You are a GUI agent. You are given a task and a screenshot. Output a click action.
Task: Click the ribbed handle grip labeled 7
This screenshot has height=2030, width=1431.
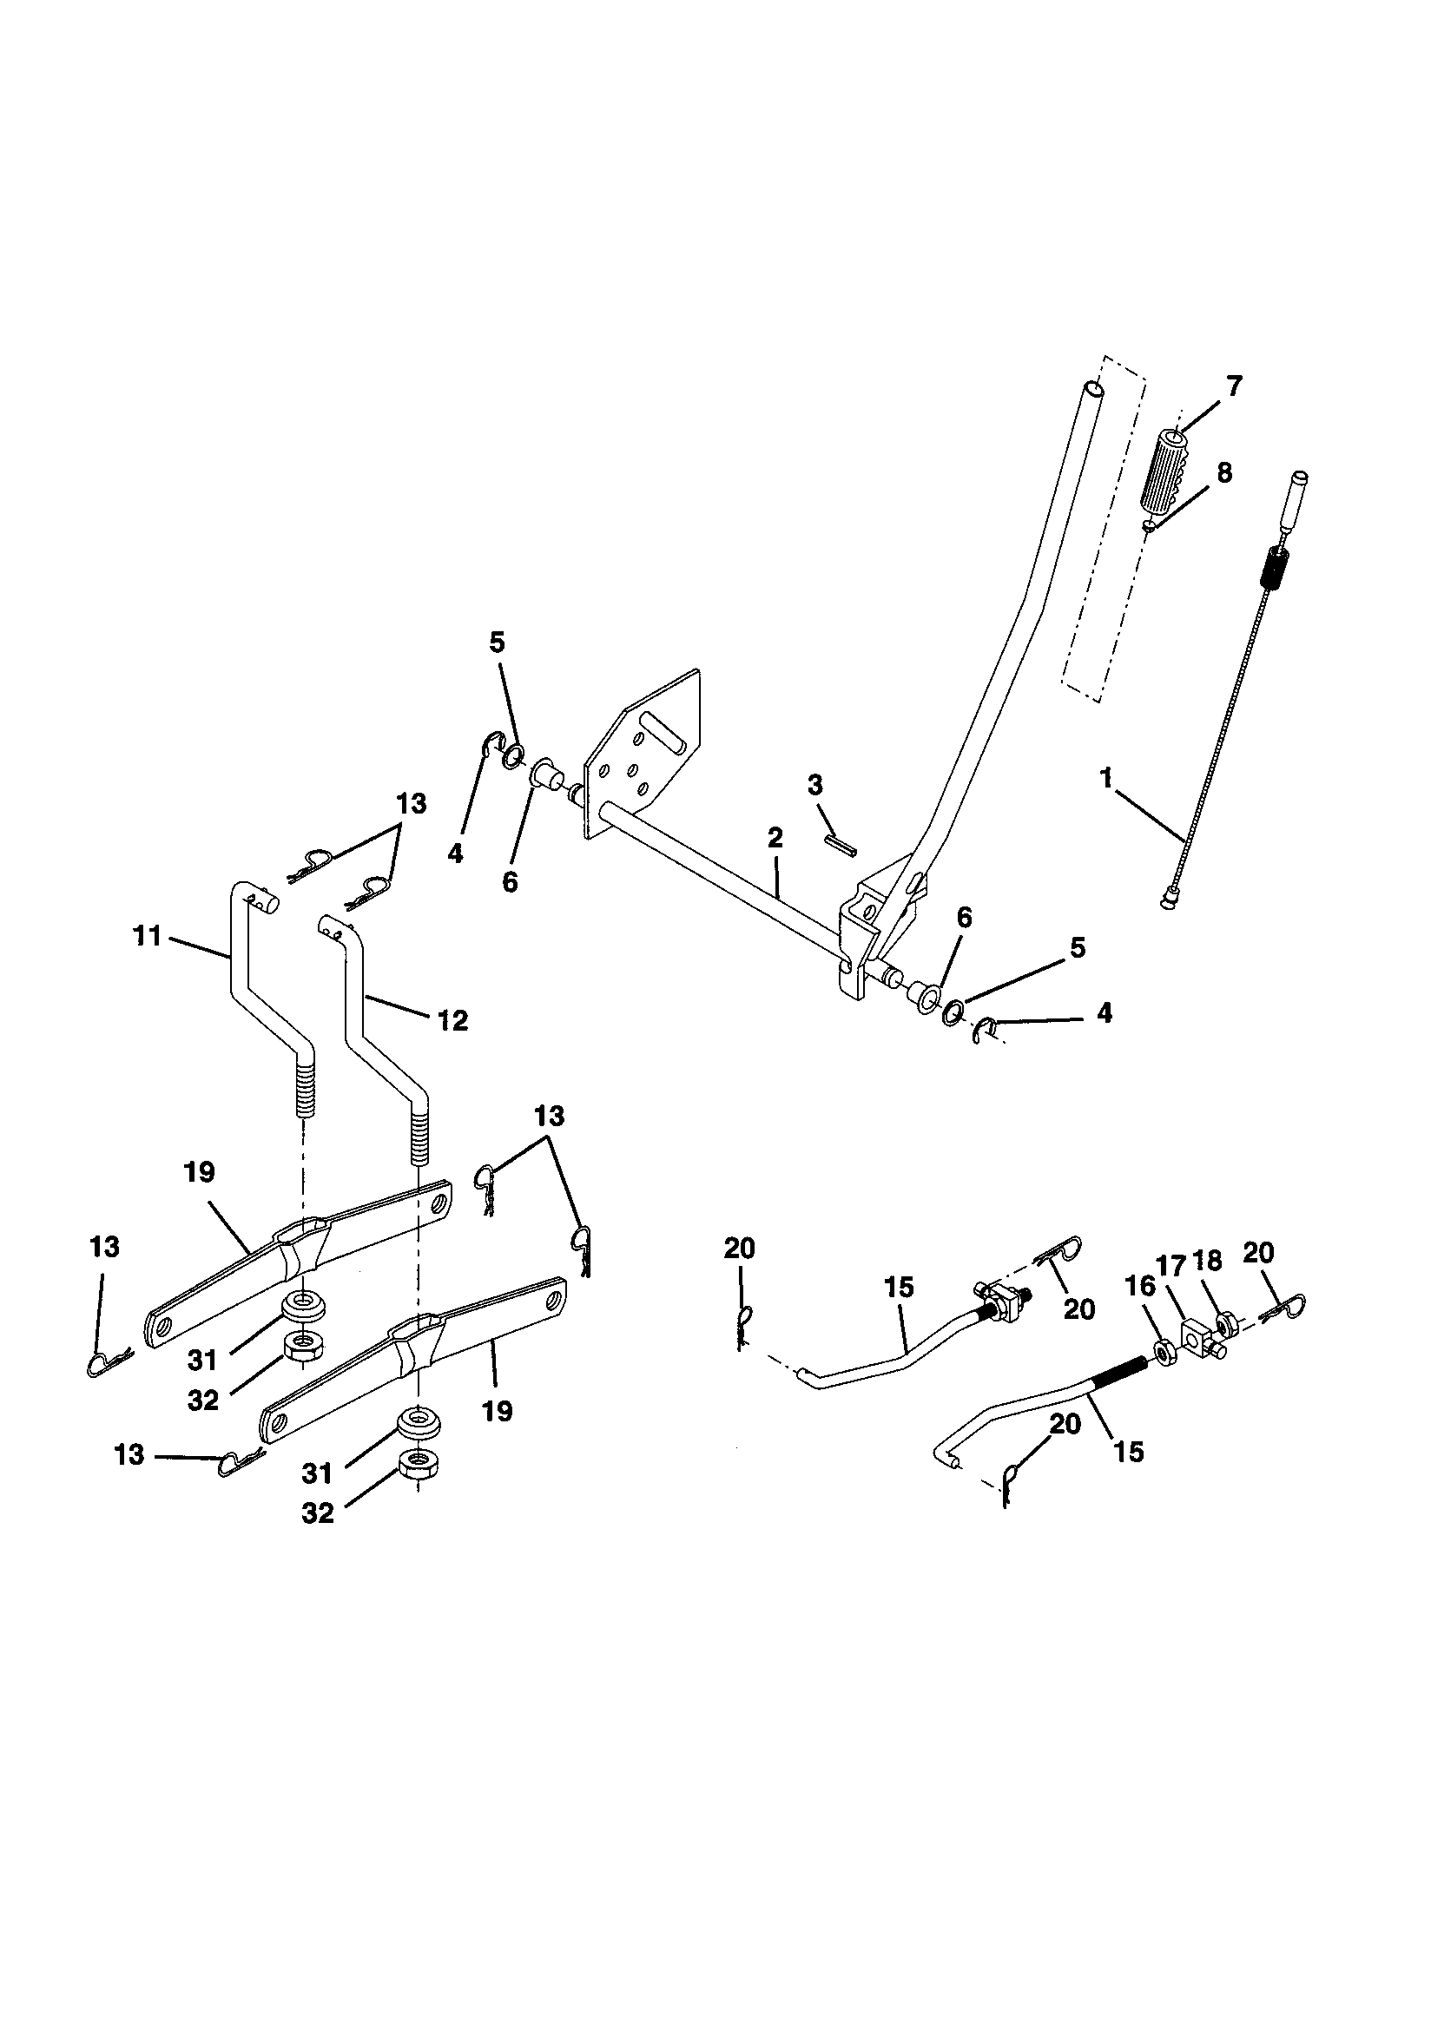(1161, 475)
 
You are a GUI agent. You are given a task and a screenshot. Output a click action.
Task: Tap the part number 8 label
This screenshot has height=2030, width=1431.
(1224, 473)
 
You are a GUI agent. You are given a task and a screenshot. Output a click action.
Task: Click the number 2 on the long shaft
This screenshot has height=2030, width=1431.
(775, 837)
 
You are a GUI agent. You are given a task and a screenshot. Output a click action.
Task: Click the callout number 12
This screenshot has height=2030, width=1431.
(452, 1020)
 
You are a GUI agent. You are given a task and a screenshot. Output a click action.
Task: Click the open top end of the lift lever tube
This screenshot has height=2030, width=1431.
(1093, 388)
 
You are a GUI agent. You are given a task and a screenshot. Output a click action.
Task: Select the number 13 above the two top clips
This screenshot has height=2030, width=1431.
(412, 804)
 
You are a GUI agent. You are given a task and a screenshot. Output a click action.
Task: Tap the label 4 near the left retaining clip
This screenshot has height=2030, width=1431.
(456, 854)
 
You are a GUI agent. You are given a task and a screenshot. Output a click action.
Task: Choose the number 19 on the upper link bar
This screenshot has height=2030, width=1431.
(200, 1172)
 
